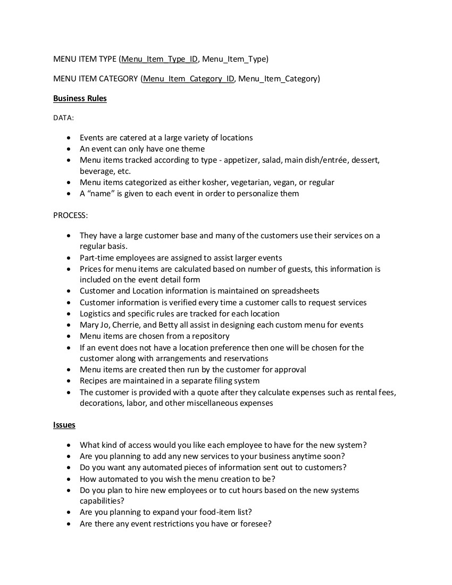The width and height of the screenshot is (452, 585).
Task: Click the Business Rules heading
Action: coord(80,98)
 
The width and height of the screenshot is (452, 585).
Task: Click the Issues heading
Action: coord(64,425)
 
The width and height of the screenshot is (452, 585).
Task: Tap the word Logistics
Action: coord(96,314)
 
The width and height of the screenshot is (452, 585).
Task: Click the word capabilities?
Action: coord(102,501)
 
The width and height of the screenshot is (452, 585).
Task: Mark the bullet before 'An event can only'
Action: coord(69,149)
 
